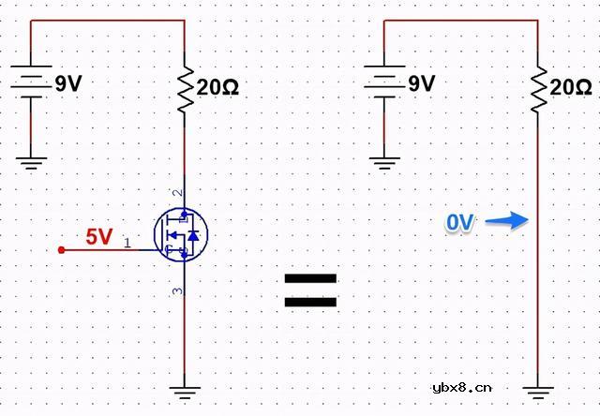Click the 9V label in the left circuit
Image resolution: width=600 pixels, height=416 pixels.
pos(67,84)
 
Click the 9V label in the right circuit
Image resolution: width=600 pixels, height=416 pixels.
pos(421,84)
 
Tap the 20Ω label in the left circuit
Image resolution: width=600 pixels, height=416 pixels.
pos(217,88)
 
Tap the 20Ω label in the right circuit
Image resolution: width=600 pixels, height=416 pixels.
pos(570,88)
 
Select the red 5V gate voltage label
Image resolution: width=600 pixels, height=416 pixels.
pos(99,237)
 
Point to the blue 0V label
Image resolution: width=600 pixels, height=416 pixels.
pos(460,223)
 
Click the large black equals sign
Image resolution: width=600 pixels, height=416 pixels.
pos(310,291)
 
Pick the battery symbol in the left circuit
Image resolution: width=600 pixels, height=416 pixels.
pos(32,83)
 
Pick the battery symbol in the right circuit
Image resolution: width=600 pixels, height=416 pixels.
pos(384,83)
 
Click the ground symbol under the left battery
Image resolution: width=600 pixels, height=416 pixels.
pos(32,162)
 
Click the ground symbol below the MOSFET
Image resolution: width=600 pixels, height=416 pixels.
pos(185,395)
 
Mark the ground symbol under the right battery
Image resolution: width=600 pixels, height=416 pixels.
pos(384,162)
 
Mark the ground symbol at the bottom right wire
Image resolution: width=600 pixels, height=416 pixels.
pos(537,395)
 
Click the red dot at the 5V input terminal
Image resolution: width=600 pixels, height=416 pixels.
pos(62,250)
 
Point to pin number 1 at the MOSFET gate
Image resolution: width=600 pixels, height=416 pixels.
pos(127,242)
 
